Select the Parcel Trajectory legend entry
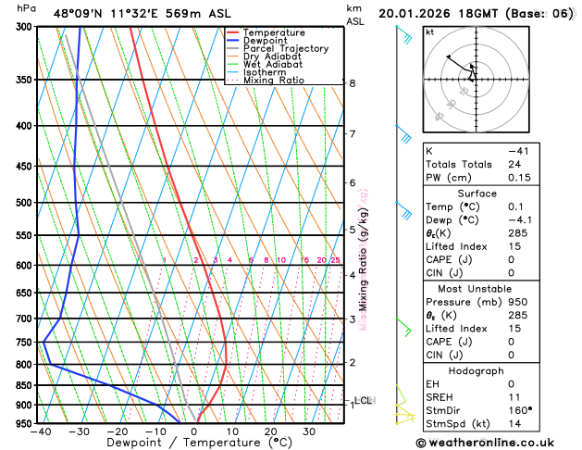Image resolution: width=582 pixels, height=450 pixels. point(285,48)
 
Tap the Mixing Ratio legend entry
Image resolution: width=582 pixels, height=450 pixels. point(274,81)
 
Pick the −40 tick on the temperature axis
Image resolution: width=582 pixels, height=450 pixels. point(41,432)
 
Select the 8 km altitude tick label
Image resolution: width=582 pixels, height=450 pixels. point(353,83)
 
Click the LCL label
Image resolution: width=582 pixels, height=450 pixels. point(363,400)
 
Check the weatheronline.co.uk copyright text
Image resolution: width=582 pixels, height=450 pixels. point(498,443)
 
